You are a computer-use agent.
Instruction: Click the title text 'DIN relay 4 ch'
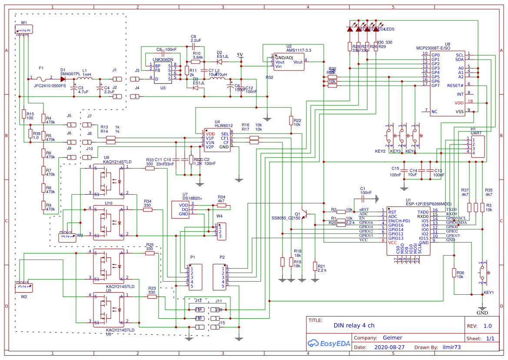click(x=354, y=325)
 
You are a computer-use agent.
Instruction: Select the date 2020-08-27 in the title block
click(x=389, y=347)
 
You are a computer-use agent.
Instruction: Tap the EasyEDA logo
click(x=325, y=343)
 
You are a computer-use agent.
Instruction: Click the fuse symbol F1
click(x=41, y=79)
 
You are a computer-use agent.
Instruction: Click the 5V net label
click(x=240, y=55)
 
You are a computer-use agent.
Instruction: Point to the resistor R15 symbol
click(x=24, y=114)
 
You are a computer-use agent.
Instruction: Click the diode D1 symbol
click(x=64, y=79)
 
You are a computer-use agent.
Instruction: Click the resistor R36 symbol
click(x=454, y=273)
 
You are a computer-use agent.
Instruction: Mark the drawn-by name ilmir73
click(x=452, y=347)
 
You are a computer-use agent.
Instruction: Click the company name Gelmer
click(x=392, y=338)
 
